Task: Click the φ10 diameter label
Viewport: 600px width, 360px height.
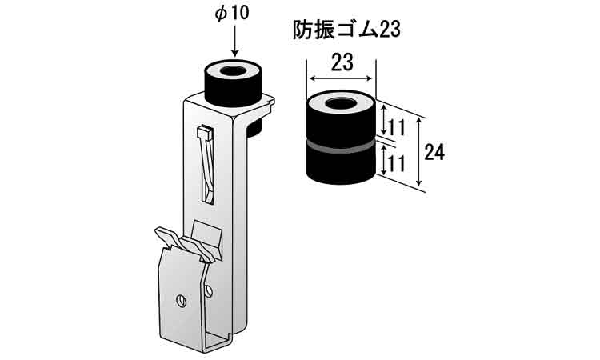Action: [232, 14]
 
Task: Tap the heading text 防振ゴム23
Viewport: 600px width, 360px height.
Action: [346, 29]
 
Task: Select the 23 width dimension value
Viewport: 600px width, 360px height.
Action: [342, 62]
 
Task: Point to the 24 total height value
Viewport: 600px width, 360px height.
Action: [434, 152]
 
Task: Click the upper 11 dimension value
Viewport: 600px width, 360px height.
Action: [397, 127]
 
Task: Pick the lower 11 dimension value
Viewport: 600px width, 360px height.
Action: [397, 164]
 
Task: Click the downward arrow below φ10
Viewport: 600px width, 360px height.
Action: [235, 41]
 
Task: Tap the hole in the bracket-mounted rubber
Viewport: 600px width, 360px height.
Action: [233, 71]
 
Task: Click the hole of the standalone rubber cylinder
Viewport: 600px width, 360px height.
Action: [341, 103]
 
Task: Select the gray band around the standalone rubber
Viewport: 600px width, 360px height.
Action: [341, 147]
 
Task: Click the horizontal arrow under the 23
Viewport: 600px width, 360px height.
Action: [341, 79]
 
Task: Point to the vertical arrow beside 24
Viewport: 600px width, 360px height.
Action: [420, 151]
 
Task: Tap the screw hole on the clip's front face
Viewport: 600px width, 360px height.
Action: [182, 301]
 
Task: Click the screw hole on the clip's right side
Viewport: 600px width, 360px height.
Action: [209, 291]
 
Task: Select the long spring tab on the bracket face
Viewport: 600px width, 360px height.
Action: [206, 166]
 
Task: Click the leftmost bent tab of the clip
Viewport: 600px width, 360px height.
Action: [167, 237]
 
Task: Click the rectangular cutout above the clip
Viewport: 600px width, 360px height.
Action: [207, 238]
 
